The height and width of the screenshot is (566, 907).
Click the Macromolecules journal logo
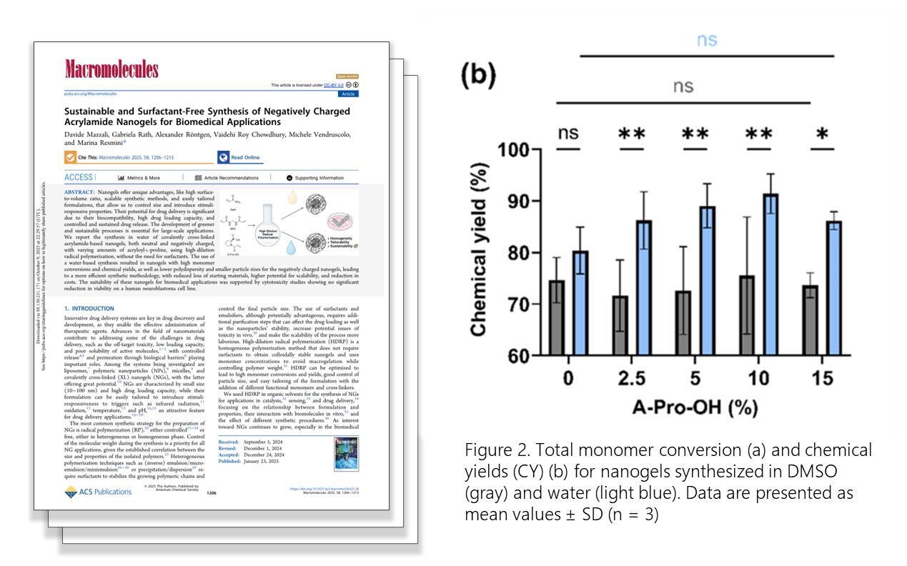(111, 70)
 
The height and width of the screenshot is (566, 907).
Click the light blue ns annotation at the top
(706, 39)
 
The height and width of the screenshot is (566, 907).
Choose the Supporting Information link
(316, 178)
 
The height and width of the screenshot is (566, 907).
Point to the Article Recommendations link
(227, 178)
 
